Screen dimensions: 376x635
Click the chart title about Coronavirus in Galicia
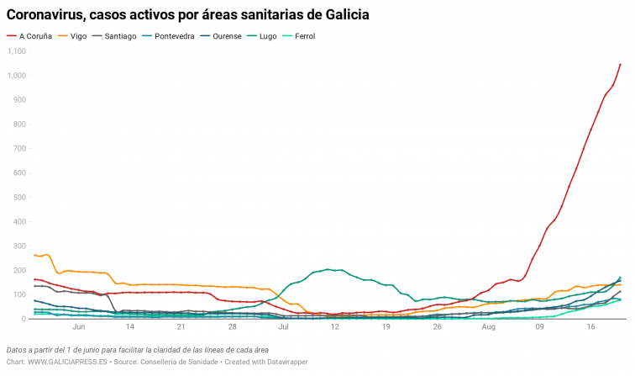[188, 15]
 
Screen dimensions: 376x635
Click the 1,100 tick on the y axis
[17, 51]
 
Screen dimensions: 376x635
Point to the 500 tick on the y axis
[20, 198]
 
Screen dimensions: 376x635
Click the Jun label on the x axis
[80, 327]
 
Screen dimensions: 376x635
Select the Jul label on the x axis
[284, 327]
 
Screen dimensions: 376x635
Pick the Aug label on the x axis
[489, 327]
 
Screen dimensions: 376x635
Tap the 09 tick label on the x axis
[540, 327]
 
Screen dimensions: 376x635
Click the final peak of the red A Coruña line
[620, 64]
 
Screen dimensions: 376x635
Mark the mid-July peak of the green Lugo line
[328, 269]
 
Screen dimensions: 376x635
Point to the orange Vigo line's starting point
[34, 255]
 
